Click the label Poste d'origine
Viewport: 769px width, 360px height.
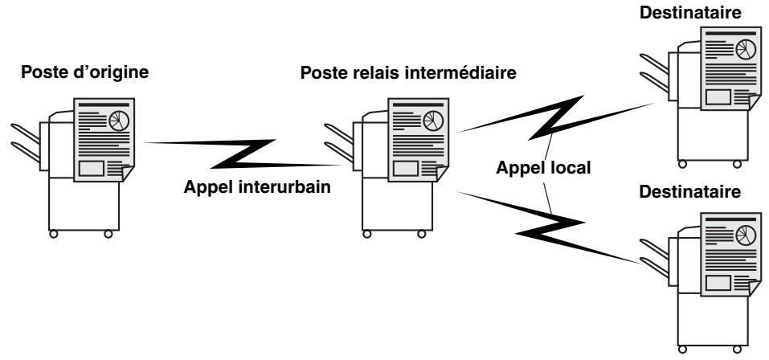pyautogui.click(x=84, y=72)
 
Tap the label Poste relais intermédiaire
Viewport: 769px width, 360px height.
pyautogui.click(x=408, y=73)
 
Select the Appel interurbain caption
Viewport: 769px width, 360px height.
pyautogui.click(x=257, y=187)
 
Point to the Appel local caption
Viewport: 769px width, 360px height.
pyautogui.click(x=543, y=168)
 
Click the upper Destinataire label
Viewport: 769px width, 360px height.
pyautogui.click(x=690, y=13)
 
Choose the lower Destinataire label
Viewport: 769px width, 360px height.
pyautogui.click(x=689, y=192)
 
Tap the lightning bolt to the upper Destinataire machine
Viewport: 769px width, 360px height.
pyautogui.click(x=556, y=117)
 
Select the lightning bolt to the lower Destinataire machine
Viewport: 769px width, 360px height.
pyautogui.click(x=550, y=227)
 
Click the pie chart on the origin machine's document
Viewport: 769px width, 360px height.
pyautogui.click(x=119, y=121)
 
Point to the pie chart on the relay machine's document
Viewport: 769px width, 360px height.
pyautogui.click(x=432, y=121)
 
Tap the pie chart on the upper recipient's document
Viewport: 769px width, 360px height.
pyautogui.click(x=746, y=50)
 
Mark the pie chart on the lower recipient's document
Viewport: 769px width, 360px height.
pyautogui.click(x=746, y=235)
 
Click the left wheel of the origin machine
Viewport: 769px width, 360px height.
pyautogui.click(x=54, y=235)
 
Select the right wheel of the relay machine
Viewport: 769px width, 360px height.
pyautogui.click(x=421, y=235)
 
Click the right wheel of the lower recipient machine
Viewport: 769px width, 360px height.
pyautogui.click(x=737, y=350)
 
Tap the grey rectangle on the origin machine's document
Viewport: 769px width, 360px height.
pyautogui.click(x=92, y=168)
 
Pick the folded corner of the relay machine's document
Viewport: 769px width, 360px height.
pyautogui.click(x=441, y=174)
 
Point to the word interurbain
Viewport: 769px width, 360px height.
pyautogui.click(x=285, y=187)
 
